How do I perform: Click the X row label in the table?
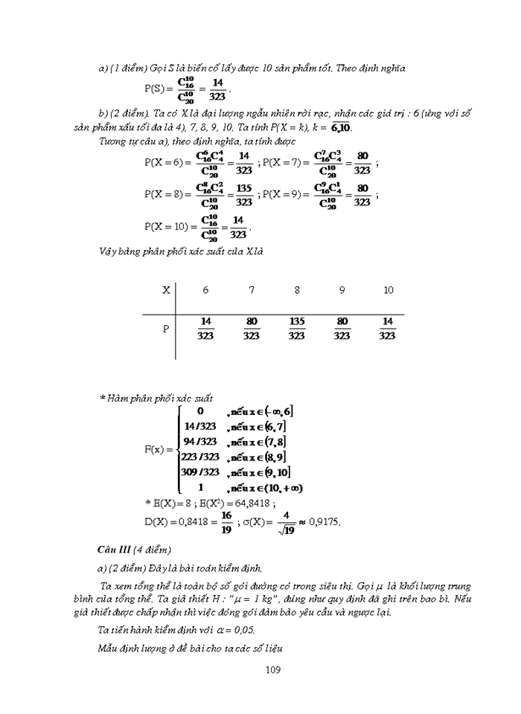tap(166, 290)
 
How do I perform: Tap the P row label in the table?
tap(166, 328)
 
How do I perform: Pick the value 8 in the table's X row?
tap(297, 290)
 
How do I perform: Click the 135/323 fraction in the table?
tap(296, 329)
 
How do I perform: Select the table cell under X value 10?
tap(387, 329)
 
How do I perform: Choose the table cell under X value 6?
tap(206, 329)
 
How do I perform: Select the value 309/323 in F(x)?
tap(200, 472)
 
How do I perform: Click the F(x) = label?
tap(159, 449)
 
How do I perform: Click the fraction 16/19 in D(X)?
tap(226, 521)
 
